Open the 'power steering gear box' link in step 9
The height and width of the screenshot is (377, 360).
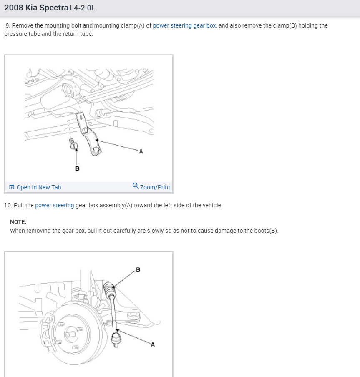[184, 25]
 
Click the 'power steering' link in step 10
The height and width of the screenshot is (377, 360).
[54, 205]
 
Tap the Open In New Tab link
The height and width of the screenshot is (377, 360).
[38, 187]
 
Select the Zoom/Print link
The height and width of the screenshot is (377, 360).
[155, 187]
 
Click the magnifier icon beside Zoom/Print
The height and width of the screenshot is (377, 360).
[136, 186]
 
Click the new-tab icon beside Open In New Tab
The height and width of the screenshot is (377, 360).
[12, 187]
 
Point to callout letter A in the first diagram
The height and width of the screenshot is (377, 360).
[141, 152]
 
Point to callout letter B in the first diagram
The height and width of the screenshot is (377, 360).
[77, 168]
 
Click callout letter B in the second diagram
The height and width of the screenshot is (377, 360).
[138, 270]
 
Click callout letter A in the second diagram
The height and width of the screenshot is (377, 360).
[152, 344]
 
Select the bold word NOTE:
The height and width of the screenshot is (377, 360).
[18, 222]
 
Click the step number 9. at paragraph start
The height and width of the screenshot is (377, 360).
[8, 25]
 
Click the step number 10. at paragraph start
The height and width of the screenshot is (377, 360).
[8, 205]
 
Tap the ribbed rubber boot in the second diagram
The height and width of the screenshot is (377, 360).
[109, 289]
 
